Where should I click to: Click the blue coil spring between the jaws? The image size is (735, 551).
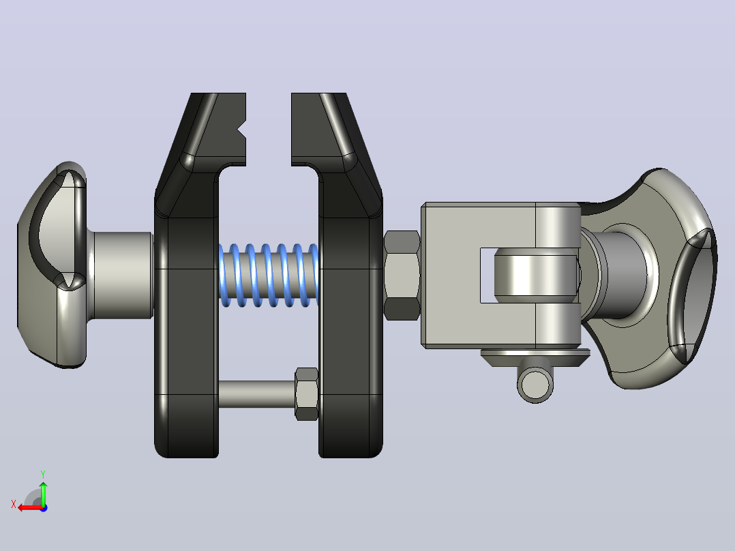point(269,275)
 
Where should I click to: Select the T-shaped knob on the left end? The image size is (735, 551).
point(52,265)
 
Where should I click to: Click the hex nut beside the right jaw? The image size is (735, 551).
point(402,275)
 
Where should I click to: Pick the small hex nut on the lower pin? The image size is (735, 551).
point(307,394)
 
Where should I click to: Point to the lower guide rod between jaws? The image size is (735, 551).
point(256,394)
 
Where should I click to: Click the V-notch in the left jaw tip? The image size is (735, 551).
point(242,130)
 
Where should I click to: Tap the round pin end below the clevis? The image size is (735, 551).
point(535,384)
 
